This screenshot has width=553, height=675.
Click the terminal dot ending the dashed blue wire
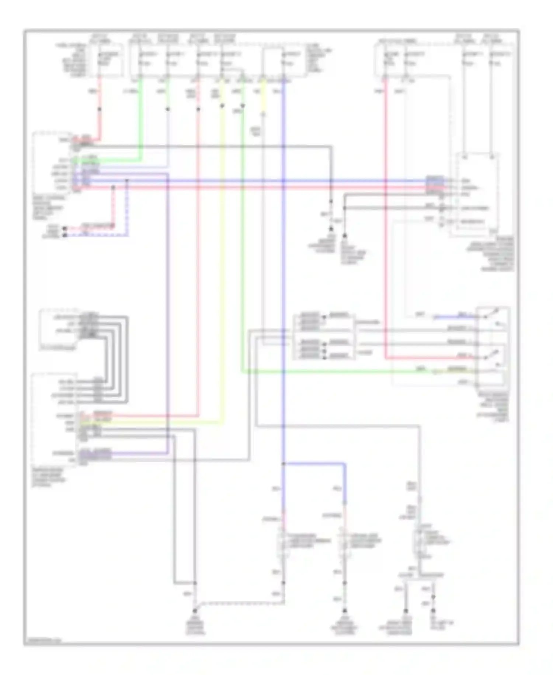click(65, 235)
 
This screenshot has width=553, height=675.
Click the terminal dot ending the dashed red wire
click(65, 229)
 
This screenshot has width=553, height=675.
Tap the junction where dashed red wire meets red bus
click(113, 188)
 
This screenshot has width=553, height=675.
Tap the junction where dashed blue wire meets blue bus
click(127, 181)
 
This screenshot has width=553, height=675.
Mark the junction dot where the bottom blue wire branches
click(283, 463)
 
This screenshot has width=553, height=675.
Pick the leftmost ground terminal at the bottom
click(195, 611)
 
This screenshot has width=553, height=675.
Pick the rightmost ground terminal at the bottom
click(433, 611)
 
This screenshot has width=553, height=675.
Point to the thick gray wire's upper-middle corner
click(331, 147)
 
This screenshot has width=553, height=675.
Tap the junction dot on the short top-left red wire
click(100, 109)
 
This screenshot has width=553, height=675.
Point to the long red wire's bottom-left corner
click(386, 358)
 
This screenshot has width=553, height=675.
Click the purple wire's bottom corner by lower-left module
click(168, 453)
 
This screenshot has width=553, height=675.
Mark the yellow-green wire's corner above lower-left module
click(222, 421)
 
